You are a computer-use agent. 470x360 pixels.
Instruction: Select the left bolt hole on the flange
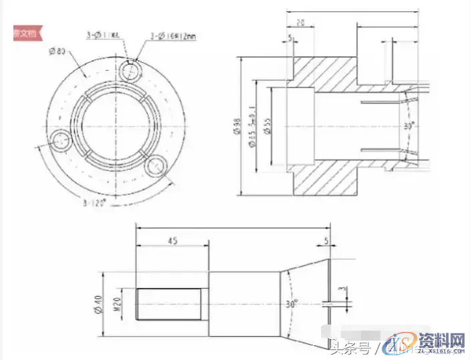pos(62,141)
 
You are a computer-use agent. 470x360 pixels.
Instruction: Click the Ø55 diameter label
pos(267,126)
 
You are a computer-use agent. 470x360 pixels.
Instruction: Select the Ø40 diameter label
pos(98,305)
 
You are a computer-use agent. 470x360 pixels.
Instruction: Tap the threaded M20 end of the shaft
pos(168,304)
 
